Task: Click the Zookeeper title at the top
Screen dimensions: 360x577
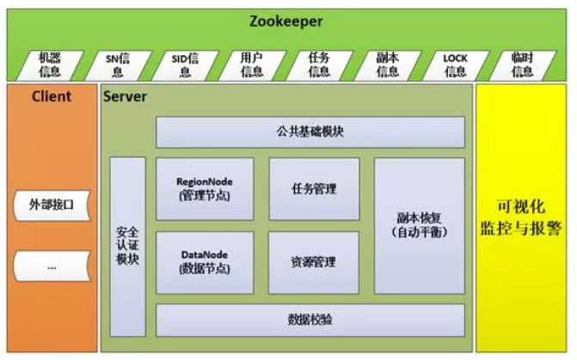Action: [x=287, y=21]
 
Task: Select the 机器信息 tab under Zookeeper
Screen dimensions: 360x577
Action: [x=50, y=64]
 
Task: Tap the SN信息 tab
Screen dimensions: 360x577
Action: [x=117, y=64]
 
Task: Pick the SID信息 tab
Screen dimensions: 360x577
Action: [x=183, y=64]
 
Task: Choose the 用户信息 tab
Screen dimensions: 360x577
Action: [x=251, y=64]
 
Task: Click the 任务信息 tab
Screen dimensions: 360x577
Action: [x=319, y=64]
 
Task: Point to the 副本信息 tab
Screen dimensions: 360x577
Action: [x=387, y=64]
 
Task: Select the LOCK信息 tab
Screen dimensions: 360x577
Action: [x=455, y=64]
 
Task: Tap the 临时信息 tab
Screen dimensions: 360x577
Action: [x=522, y=64]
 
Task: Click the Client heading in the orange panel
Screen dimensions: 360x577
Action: [x=52, y=96]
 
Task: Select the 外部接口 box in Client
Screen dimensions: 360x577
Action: [x=52, y=206]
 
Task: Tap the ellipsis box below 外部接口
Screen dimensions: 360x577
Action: [x=52, y=267]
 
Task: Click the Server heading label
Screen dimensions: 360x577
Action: [x=125, y=96]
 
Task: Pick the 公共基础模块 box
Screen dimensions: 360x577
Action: [x=310, y=132]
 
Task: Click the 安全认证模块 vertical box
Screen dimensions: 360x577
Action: [x=127, y=246]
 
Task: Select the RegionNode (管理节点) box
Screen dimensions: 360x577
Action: [x=205, y=189]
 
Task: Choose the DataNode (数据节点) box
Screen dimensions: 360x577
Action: [x=205, y=262]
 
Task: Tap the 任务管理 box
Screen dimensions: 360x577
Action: [x=314, y=189]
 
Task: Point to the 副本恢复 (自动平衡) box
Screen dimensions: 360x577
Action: [x=419, y=225]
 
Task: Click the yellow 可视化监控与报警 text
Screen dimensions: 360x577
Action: [x=520, y=219]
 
